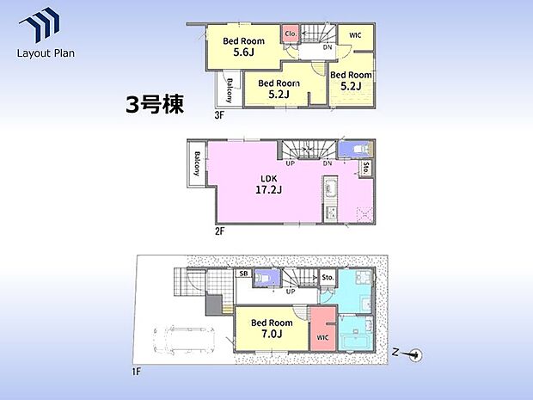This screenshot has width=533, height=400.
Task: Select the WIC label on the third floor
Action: click(x=354, y=34)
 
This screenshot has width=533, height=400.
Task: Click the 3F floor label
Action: click(x=219, y=114)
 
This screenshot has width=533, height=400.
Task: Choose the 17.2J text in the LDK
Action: click(x=270, y=191)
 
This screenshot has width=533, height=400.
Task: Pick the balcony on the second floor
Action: click(x=198, y=163)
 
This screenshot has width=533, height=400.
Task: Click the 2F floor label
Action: click(x=220, y=231)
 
